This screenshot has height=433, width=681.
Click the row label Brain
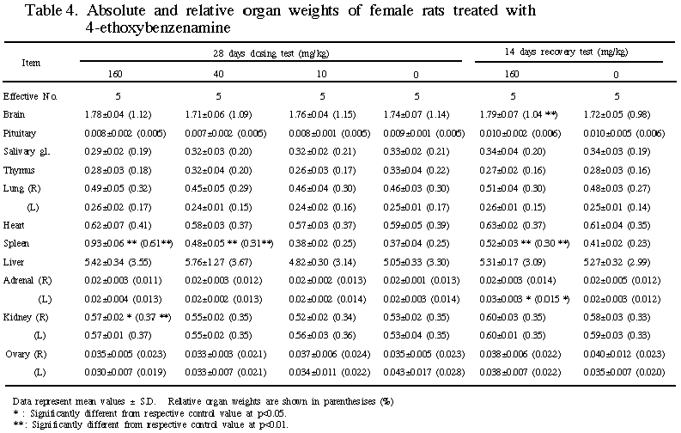coord(14,114)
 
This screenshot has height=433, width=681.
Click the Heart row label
coord(14,226)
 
